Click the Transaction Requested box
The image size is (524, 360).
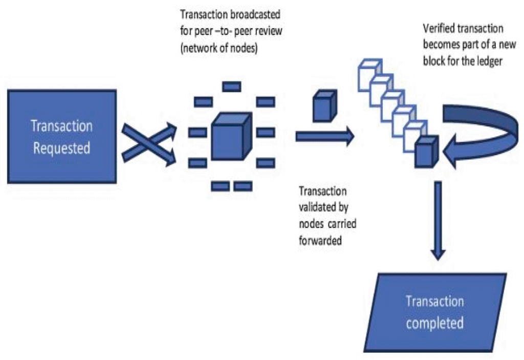61,136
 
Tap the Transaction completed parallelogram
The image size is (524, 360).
434,312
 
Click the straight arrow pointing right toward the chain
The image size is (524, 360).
324,136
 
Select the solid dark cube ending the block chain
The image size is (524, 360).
426,152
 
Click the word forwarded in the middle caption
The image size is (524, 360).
320,240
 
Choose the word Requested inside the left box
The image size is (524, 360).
62,148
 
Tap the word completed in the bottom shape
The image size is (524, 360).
435,323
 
